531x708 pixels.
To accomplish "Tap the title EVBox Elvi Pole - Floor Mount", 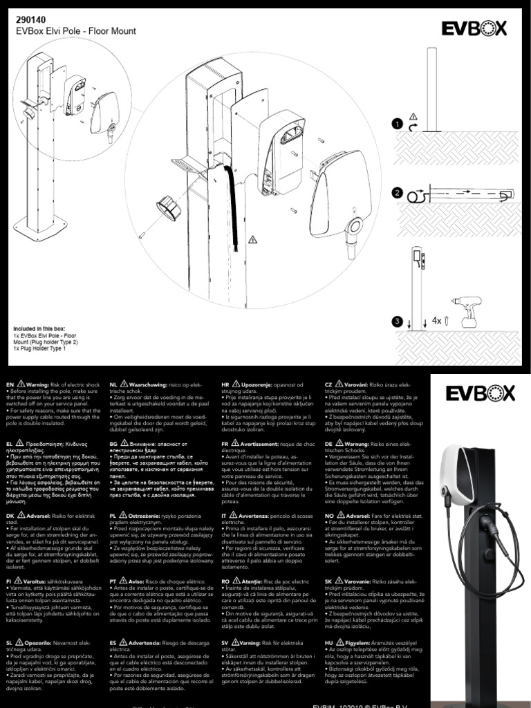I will pyautogui.click(x=75, y=32).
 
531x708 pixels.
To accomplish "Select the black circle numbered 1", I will pyautogui.click(x=397, y=124).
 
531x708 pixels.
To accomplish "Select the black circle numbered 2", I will pyautogui.click(x=397, y=194).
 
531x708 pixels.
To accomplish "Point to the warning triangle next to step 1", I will pyautogui.click(x=413, y=115).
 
